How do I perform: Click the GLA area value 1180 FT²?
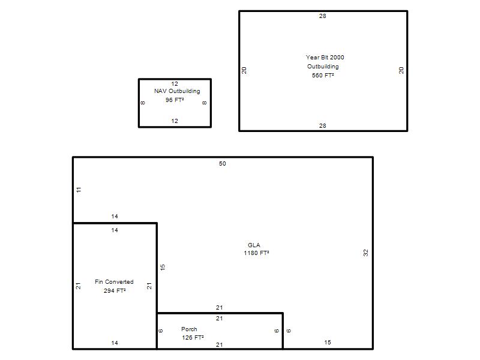coord(256,253)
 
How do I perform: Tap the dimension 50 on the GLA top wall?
coord(223,164)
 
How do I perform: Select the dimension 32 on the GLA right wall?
coord(365,253)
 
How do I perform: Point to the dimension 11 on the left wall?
coord(79,190)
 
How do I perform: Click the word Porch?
coord(189,329)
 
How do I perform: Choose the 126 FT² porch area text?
coord(193,337)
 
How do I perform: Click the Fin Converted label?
coord(114,281)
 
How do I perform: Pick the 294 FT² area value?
coord(115,290)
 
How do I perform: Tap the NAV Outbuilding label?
coord(177,91)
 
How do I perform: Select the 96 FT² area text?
coord(175,100)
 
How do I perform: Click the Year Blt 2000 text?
coord(325,57)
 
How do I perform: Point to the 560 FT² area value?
coord(323,76)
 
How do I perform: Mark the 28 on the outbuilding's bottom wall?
coord(323,126)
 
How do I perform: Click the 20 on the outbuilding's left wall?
coord(244,70)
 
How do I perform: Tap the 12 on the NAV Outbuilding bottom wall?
coord(175,121)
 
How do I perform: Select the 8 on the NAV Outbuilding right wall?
coord(204,103)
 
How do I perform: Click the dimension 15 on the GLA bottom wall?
coord(328,343)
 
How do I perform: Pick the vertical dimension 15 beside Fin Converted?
coord(163,267)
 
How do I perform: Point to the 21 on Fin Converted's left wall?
coord(79,286)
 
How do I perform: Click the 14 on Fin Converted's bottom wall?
coord(115,343)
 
